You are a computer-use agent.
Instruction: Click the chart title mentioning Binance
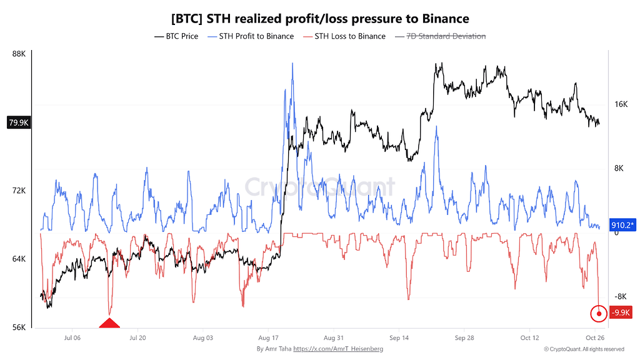(x=320, y=19)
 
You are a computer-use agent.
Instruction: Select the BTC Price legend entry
(x=176, y=36)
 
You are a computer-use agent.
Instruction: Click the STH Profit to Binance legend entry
(x=251, y=36)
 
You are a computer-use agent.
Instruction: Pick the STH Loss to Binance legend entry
(x=344, y=36)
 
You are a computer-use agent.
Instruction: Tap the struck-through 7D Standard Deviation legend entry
(x=441, y=36)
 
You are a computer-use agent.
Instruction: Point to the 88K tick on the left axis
(x=19, y=54)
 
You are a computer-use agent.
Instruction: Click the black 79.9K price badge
(x=19, y=122)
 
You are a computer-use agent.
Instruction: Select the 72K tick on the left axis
(x=19, y=191)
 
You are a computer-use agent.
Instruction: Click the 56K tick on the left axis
(x=19, y=327)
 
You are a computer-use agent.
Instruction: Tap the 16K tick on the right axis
(x=621, y=104)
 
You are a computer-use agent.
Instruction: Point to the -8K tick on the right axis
(x=621, y=297)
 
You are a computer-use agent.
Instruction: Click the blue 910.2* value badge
(x=622, y=225)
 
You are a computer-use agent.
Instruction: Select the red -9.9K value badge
(x=621, y=312)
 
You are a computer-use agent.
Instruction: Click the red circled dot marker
(x=599, y=314)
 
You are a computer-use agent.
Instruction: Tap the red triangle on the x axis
(x=109, y=323)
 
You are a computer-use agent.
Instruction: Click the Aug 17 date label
(x=268, y=338)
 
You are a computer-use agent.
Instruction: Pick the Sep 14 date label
(x=399, y=338)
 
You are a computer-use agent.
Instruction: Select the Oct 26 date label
(x=595, y=338)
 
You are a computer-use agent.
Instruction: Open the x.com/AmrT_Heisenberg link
(x=338, y=349)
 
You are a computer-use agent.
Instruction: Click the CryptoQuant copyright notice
(x=584, y=349)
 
